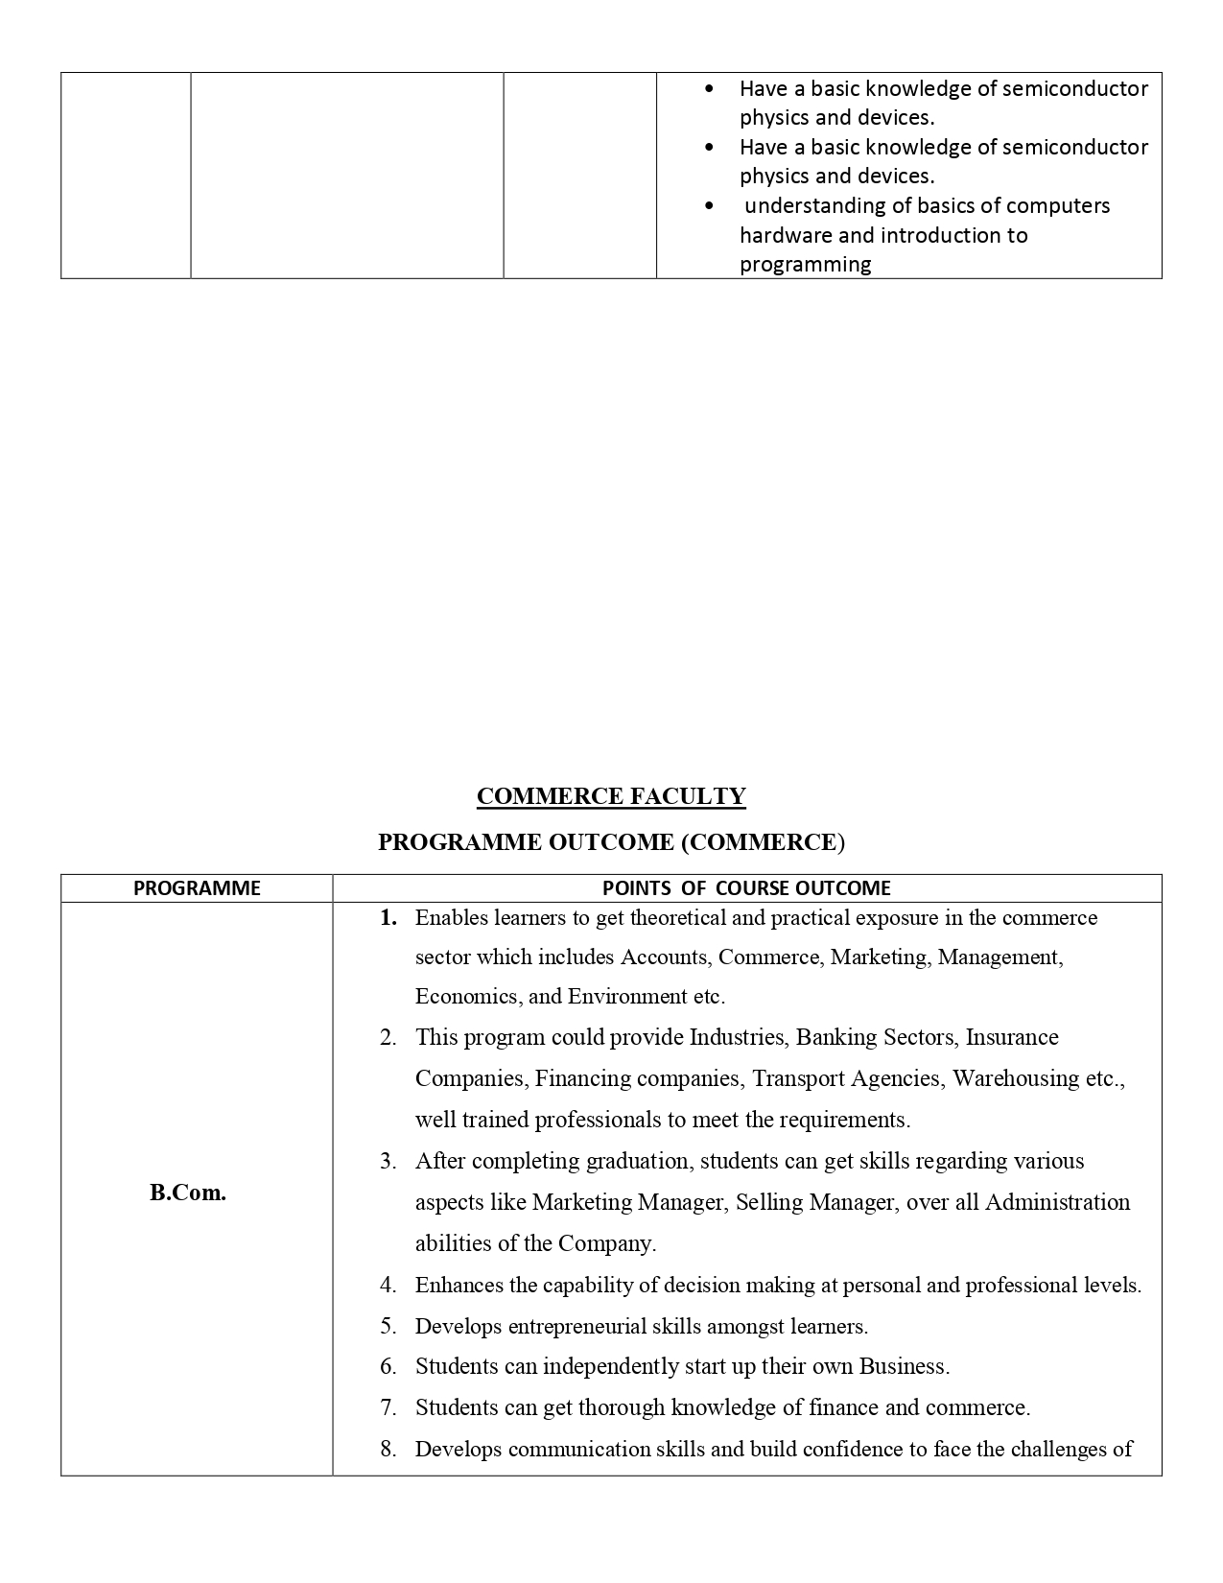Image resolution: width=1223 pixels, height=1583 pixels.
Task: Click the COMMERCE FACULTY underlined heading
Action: coord(611,796)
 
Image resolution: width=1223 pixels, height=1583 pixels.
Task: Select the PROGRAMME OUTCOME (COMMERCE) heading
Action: coord(611,842)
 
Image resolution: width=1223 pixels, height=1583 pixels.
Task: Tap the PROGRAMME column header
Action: coord(197,888)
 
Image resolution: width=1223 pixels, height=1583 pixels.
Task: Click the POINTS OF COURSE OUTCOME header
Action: coord(746,888)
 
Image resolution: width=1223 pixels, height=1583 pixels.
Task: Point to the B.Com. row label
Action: coord(188,1193)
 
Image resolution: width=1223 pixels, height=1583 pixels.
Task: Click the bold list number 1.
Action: coord(388,918)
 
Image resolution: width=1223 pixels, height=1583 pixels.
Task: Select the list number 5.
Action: coord(388,1327)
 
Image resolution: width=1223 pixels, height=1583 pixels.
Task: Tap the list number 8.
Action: coord(388,1450)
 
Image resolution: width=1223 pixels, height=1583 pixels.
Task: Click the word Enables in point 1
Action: coord(450,918)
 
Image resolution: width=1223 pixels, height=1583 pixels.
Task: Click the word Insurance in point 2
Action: coord(1012,1038)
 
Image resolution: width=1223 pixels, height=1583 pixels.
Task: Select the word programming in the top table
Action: coord(805,265)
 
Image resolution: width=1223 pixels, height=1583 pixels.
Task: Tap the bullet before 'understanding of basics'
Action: coord(709,205)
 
